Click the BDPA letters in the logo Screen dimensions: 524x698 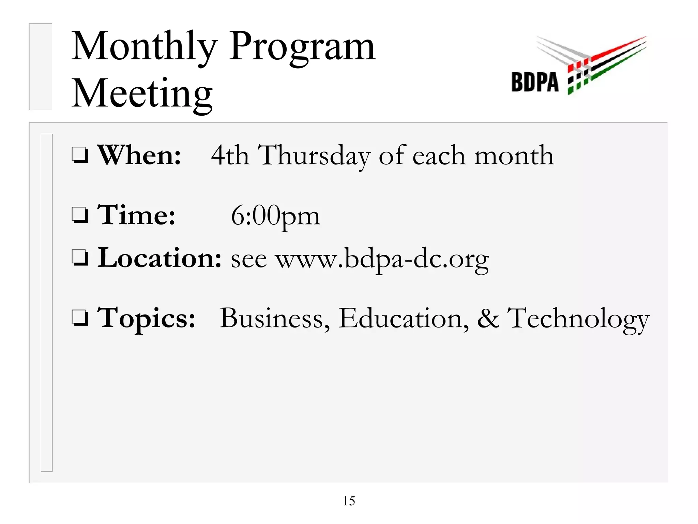[535, 82]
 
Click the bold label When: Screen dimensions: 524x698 [139, 155]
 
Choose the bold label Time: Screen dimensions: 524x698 [136, 215]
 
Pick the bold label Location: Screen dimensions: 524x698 [160, 258]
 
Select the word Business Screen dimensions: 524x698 [275, 319]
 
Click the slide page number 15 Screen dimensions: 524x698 [349, 501]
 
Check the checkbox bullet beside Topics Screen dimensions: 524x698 [80, 318]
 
